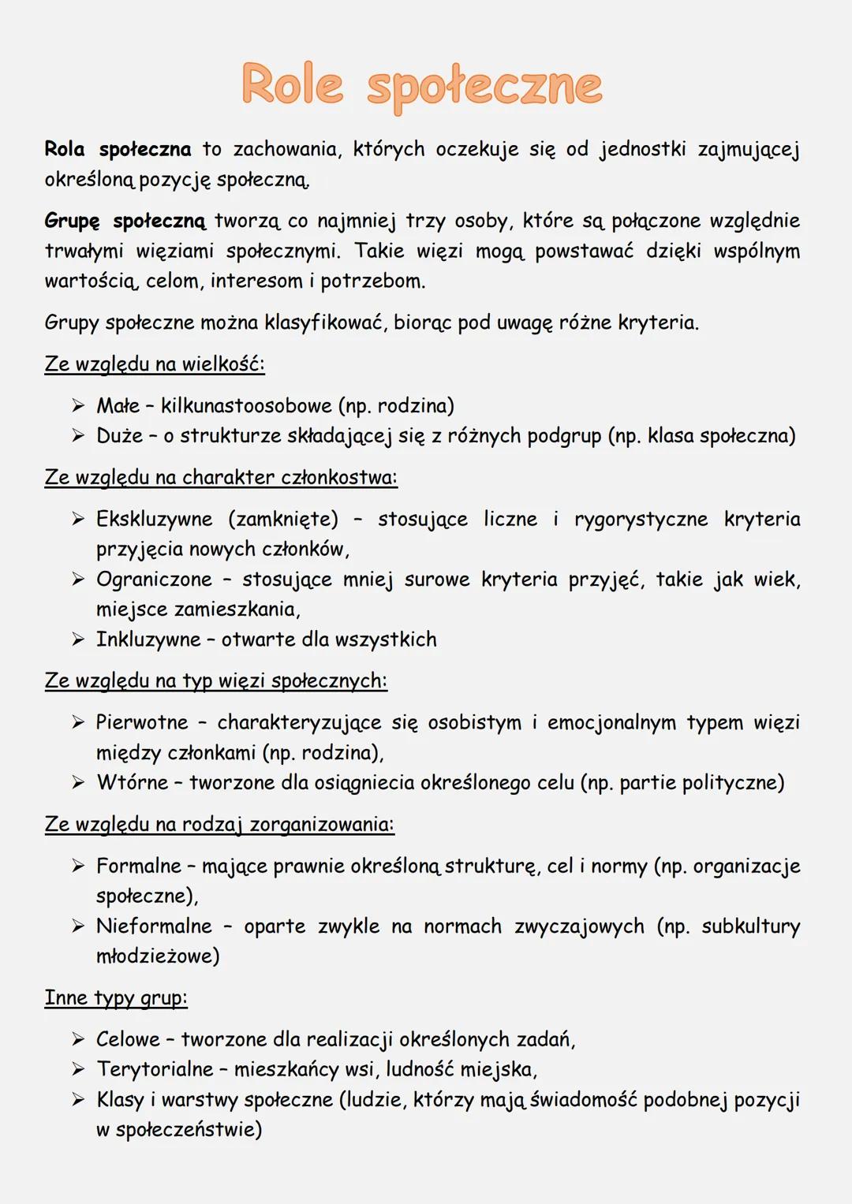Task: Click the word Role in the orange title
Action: (293, 84)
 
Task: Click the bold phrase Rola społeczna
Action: (118, 149)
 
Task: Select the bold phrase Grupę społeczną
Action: (125, 221)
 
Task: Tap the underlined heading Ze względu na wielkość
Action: (155, 364)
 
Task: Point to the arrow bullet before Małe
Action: (77, 406)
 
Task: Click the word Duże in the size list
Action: (119, 436)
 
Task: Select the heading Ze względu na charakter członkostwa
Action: (221, 478)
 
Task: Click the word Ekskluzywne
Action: (154, 519)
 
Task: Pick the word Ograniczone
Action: (154, 580)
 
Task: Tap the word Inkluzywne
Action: (148, 639)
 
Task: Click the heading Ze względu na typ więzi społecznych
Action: (215, 681)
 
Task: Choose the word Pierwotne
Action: (142, 722)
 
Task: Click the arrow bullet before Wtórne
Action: (77, 783)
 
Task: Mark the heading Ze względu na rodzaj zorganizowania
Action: (219, 825)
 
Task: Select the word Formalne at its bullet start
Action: (138, 866)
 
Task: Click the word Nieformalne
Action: (154, 926)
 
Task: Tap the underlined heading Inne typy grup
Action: (116, 998)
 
